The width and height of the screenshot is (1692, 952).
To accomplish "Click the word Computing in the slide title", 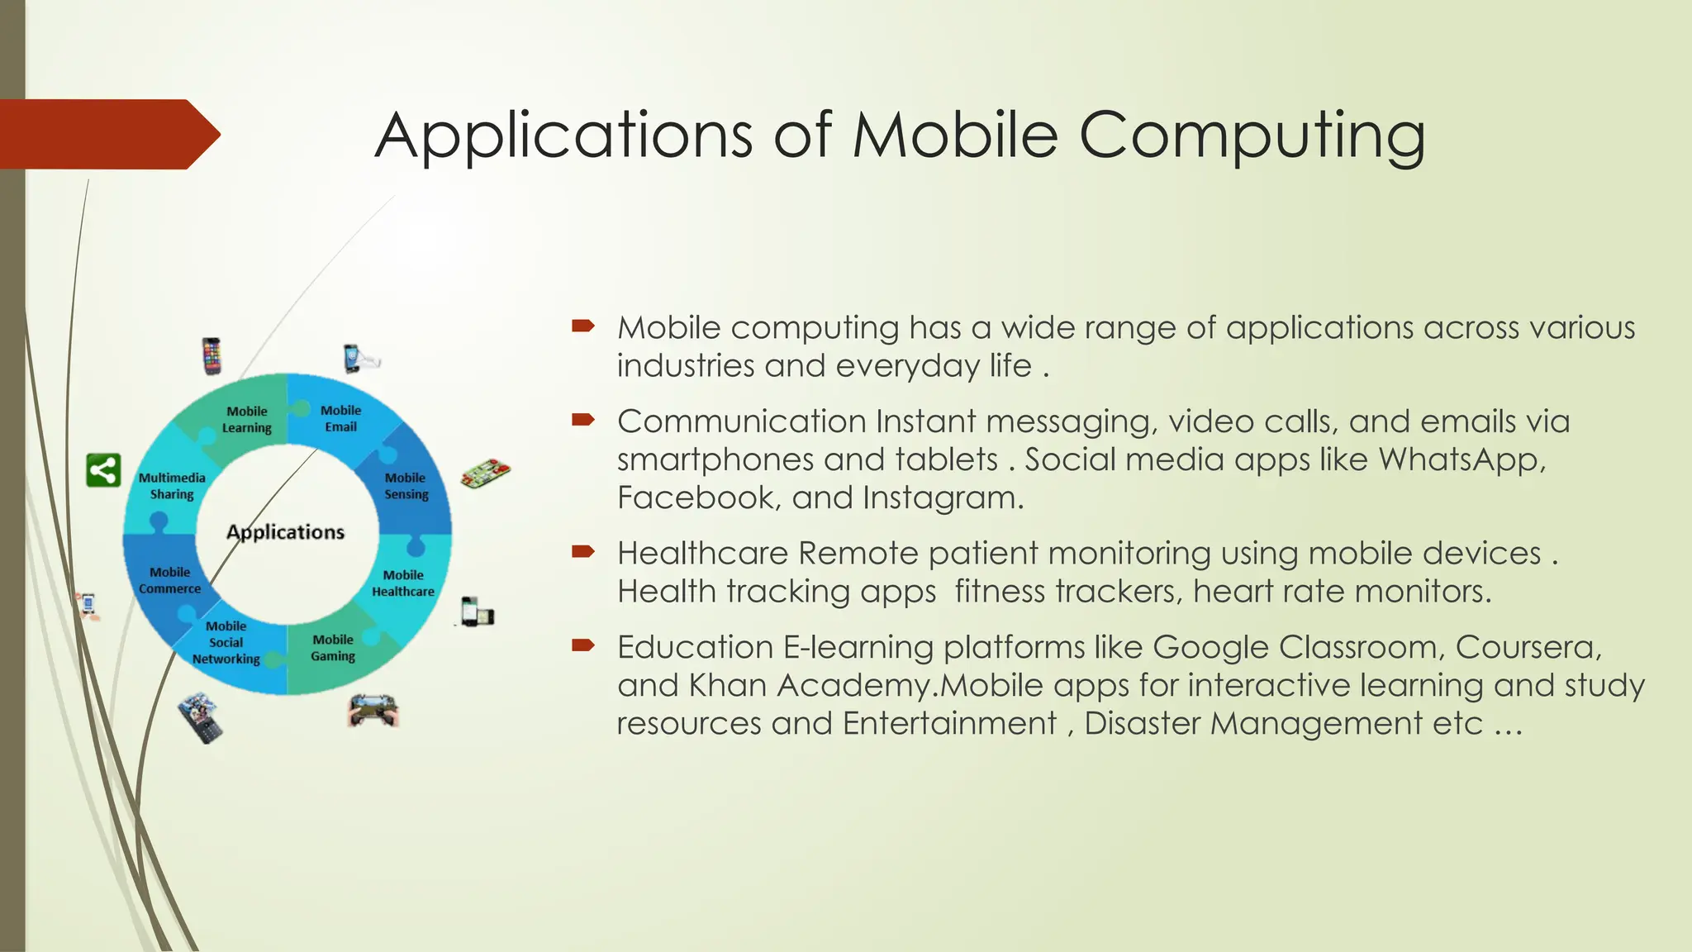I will coord(1251,136).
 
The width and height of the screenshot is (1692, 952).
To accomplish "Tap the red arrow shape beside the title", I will coord(107,134).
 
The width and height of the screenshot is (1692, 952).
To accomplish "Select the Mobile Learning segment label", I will coord(246,419).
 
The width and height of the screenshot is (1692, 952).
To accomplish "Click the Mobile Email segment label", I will coord(340,418).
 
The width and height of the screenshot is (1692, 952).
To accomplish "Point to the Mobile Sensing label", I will coord(406,486).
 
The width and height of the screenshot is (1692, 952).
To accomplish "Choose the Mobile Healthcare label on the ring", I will coord(403,583).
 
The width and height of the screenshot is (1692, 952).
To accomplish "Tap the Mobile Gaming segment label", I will coord(333,648).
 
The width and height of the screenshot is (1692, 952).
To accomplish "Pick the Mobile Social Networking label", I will coord(226,642).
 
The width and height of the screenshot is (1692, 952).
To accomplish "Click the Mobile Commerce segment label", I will coord(169,580).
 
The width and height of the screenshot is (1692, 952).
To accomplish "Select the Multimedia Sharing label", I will coord(172,486).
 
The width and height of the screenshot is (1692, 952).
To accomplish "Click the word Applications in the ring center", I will coord(285,532).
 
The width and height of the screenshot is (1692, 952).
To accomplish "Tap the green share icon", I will coord(104,470).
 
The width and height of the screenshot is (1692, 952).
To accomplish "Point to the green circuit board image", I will coord(485,474).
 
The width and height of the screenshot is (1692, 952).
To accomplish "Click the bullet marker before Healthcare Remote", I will coord(582,551).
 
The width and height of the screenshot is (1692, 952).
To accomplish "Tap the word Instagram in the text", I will coord(941,497).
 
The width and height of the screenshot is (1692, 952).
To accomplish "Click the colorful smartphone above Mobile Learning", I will coord(211,355).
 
